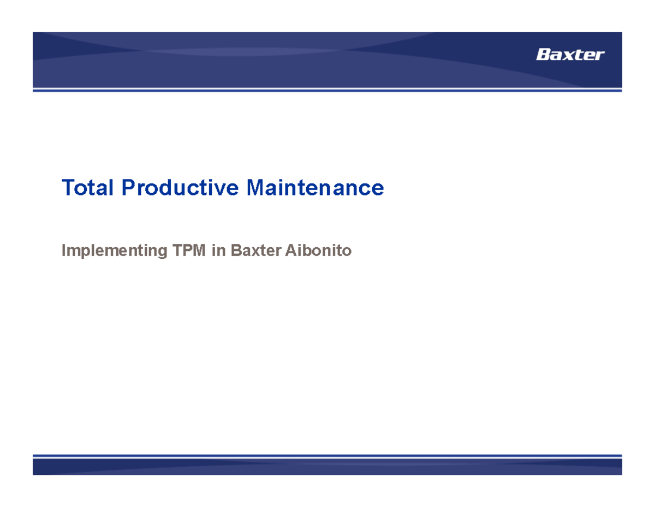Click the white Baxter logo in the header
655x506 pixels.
coord(570,55)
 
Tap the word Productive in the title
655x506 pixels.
coord(180,188)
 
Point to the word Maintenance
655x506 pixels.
coord(315,188)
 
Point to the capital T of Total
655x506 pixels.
coord(68,188)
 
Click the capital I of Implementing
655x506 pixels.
coord(64,251)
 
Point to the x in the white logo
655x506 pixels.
coord(568,56)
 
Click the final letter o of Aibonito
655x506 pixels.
coord(347,252)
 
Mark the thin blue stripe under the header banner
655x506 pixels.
coord(327,90)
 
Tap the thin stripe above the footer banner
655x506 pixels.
coord(327,455)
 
